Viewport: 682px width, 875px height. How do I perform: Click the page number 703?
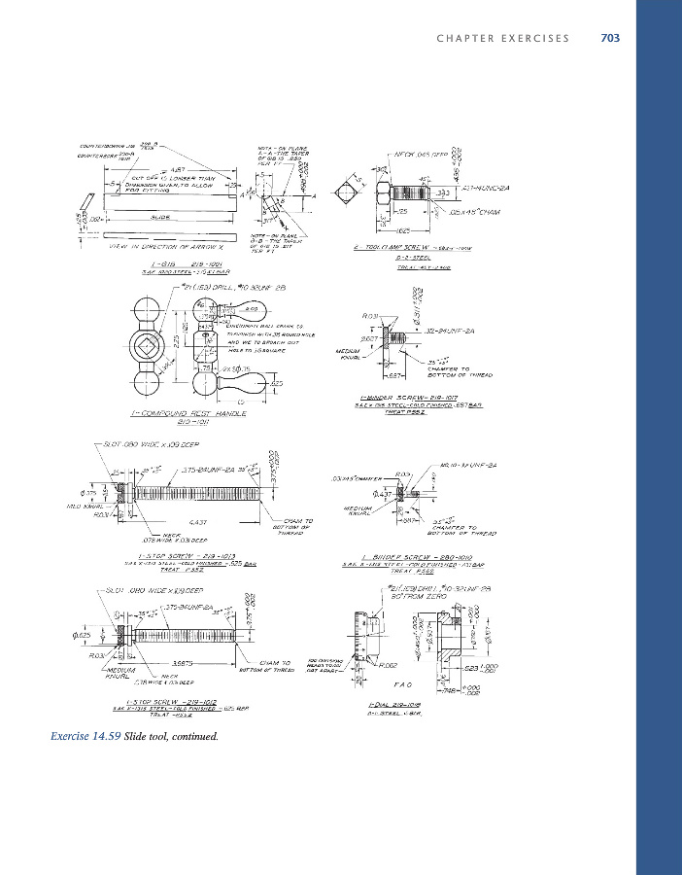click(610, 38)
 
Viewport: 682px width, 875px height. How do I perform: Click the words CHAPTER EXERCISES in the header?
click(503, 38)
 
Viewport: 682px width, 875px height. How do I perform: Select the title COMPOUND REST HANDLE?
click(175, 413)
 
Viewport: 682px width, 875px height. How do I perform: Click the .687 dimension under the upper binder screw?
click(394, 375)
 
